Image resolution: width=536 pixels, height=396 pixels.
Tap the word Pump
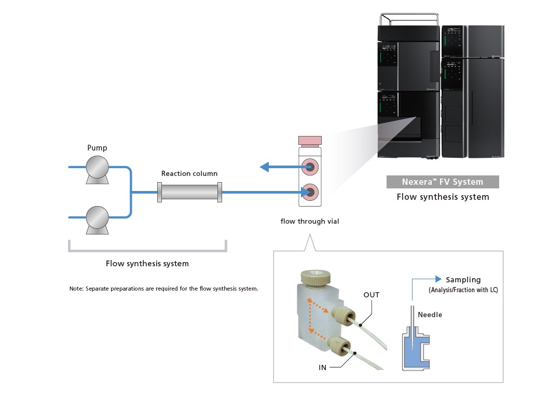(x=97, y=148)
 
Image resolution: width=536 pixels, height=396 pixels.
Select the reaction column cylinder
(x=189, y=192)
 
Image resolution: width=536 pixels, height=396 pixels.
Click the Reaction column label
(x=189, y=173)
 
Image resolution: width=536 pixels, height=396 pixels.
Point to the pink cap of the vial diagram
(x=310, y=141)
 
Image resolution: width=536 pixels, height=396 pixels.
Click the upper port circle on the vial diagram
(x=310, y=167)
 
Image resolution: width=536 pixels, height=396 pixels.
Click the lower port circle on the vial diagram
(x=310, y=192)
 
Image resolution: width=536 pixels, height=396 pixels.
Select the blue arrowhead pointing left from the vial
(x=264, y=167)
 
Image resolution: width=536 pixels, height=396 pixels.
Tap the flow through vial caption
(x=310, y=221)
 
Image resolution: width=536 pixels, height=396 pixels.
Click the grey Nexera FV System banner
(x=443, y=182)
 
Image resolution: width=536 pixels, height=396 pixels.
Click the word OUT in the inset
(x=371, y=295)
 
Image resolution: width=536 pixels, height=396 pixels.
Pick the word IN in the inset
(x=322, y=367)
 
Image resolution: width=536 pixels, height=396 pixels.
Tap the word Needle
(x=430, y=315)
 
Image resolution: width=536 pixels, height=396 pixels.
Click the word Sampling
(x=463, y=280)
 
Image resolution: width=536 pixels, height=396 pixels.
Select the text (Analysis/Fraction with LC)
(x=463, y=290)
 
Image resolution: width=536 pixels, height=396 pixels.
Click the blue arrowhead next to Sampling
(x=438, y=279)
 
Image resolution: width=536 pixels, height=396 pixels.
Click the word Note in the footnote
(x=76, y=289)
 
